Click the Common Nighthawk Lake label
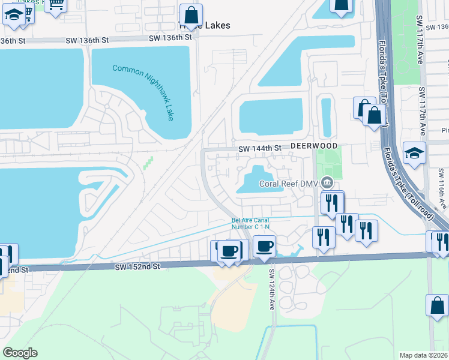tap(144, 92)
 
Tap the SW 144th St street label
tap(259, 148)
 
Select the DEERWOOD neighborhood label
tap(315, 146)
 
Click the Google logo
tap(20, 353)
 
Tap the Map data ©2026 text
tap(423, 355)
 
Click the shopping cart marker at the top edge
tap(56, 5)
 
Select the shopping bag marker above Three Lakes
tap(191, 16)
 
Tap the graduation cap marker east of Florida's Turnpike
tap(415, 154)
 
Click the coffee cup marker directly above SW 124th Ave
tap(264, 246)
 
